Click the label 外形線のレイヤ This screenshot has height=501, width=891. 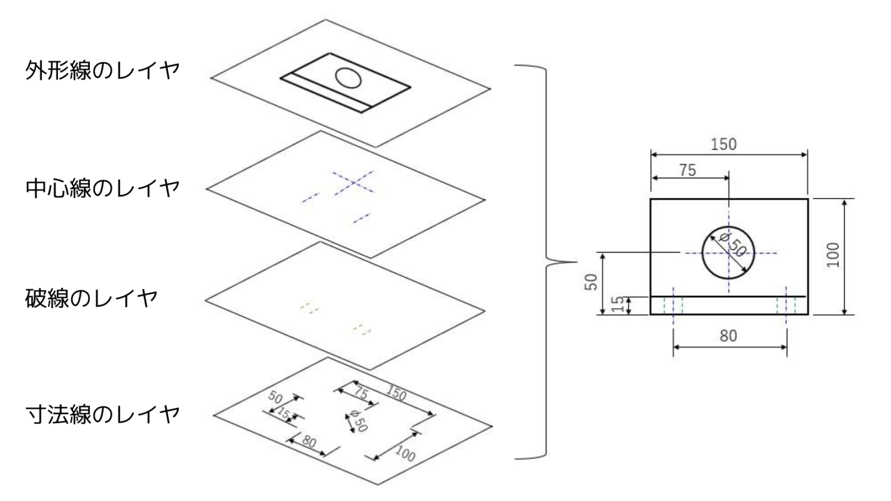102,71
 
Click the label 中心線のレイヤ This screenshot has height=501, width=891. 102,188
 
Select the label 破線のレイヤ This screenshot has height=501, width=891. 91,298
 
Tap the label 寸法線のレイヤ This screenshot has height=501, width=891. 102,415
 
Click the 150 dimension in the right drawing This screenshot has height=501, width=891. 723,144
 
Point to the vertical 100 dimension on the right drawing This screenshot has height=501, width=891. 833,255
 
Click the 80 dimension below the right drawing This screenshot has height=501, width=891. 728,336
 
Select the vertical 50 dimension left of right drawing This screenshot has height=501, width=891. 591,282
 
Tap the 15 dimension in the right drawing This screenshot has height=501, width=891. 619,305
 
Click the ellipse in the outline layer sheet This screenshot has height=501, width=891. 348,77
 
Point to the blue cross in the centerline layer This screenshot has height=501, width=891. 354,182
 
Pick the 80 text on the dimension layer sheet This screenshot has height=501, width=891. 309,442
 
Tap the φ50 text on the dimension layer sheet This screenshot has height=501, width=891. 356,421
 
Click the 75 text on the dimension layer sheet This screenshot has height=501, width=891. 360,393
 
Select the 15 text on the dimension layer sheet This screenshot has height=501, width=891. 284,413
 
